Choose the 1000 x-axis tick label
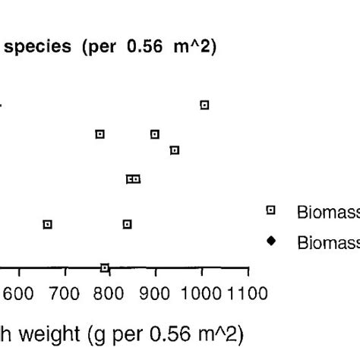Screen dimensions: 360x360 [202, 292]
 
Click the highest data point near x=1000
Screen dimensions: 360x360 [204, 105]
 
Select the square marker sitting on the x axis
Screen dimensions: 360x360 [105, 267]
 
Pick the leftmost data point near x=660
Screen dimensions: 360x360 [48, 224]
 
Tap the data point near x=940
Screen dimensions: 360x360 [175, 150]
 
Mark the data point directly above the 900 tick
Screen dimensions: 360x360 [155, 134]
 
